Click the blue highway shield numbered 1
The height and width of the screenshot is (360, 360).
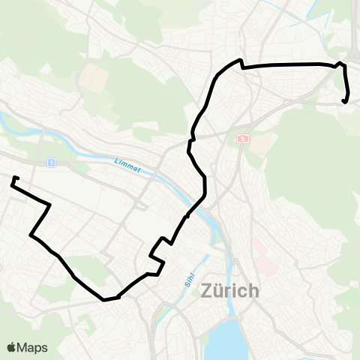click(x=51, y=162)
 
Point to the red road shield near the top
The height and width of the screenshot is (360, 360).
click(x=243, y=139)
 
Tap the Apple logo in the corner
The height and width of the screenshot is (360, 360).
click(x=12, y=347)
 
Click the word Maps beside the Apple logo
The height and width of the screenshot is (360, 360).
click(x=33, y=347)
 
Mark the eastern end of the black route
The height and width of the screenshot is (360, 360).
click(x=343, y=100)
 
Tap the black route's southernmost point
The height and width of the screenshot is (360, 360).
click(x=104, y=299)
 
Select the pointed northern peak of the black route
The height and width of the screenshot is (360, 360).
click(x=239, y=60)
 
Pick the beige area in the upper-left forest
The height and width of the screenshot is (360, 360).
click(x=94, y=75)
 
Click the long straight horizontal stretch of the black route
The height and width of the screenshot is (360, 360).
click(x=289, y=65)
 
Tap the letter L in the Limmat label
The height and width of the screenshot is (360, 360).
click(x=117, y=159)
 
